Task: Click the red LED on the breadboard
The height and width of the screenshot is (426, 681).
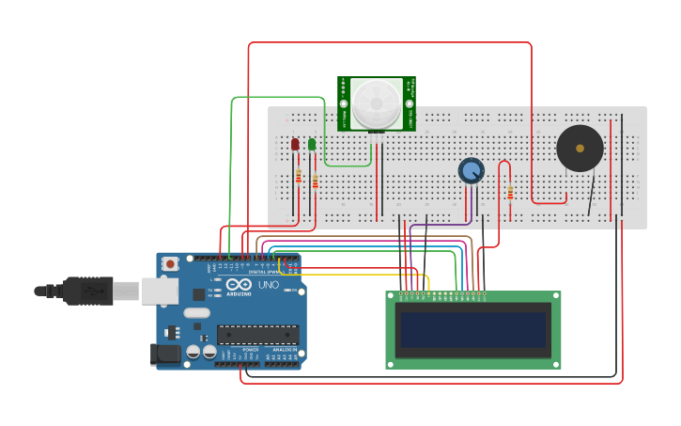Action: [295, 144]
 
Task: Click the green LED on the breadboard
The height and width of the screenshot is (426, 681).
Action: [312, 144]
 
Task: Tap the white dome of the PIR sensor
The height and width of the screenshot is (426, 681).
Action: [376, 100]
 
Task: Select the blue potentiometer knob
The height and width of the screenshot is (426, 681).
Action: [471, 170]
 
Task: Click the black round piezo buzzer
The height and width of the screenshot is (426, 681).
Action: [580, 149]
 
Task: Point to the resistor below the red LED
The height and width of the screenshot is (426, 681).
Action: [299, 176]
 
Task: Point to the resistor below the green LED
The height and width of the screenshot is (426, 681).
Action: [315, 181]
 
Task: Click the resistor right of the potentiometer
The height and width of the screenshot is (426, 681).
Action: [510, 193]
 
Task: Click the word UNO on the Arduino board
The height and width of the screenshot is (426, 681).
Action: [269, 285]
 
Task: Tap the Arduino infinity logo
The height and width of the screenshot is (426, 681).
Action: [239, 285]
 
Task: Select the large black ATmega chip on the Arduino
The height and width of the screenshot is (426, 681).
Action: [257, 334]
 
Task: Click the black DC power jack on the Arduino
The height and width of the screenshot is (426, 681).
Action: [165, 355]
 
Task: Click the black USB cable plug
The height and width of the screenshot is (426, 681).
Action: [88, 291]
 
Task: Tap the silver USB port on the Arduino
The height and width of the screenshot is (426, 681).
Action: [160, 291]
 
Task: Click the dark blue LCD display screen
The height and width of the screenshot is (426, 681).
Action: [472, 330]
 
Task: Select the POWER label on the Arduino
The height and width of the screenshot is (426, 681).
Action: [250, 349]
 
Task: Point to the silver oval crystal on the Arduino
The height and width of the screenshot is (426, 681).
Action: [196, 312]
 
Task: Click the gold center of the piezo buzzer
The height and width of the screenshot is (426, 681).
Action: [580, 149]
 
